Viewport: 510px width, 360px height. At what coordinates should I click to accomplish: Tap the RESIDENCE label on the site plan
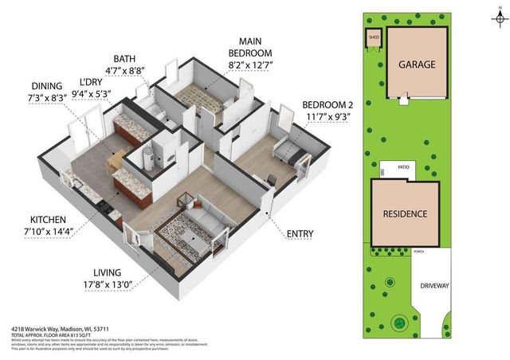click(404, 214)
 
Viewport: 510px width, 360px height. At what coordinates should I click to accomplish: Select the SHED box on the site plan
click(373, 37)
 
